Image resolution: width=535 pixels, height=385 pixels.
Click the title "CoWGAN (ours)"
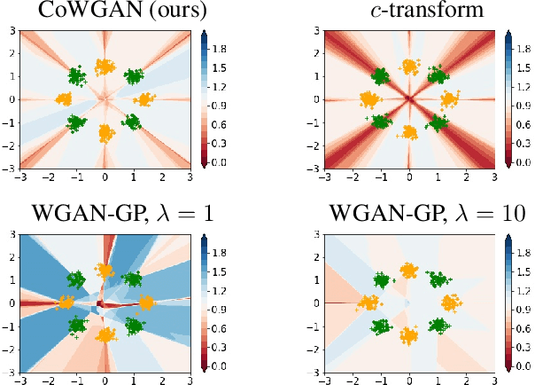click(105, 12)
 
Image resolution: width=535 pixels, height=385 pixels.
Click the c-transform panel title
click(409, 12)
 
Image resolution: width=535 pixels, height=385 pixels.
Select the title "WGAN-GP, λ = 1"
click(105, 216)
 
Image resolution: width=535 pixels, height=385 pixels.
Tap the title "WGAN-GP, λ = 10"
click(409, 216)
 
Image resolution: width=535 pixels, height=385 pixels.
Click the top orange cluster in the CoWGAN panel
click(105, 67)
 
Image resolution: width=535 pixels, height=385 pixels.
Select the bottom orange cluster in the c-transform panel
click(409, 132)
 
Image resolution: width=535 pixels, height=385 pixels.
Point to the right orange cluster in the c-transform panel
click(448, 99)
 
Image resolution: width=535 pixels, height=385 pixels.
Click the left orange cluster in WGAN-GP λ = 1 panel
click(66, 303)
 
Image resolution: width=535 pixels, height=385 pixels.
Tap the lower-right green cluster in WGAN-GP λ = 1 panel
click(133, 326)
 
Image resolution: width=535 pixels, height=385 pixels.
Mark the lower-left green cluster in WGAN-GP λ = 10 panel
click(382, 326)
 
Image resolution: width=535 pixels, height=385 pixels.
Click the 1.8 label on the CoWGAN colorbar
click(221, 43)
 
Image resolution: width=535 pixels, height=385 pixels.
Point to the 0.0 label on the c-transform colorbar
click(526, 162)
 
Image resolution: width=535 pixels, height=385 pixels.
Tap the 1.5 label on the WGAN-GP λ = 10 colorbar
click(526, 265)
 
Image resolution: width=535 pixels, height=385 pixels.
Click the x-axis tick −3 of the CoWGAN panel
click(18, 177)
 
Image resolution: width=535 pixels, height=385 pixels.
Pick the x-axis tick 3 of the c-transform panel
click(494, 177)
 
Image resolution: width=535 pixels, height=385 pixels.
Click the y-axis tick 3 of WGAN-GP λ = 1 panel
click(8, 234)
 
